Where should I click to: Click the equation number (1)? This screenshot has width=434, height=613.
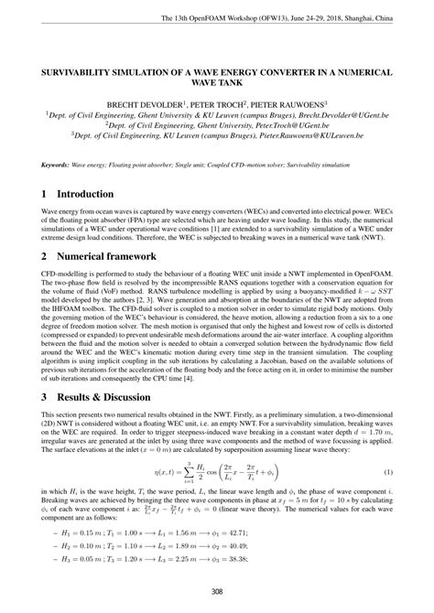[x=386, y=472]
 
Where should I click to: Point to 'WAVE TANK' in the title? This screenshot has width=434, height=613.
[x=217, y=82]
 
